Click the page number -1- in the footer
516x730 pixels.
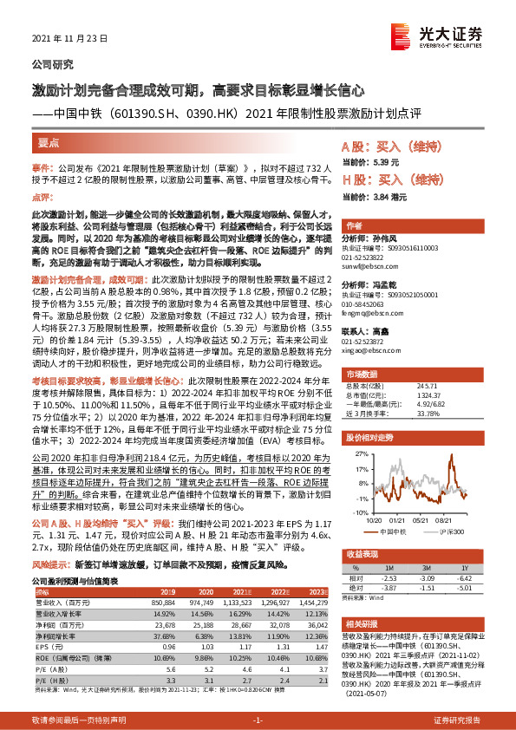tap(258, 720)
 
